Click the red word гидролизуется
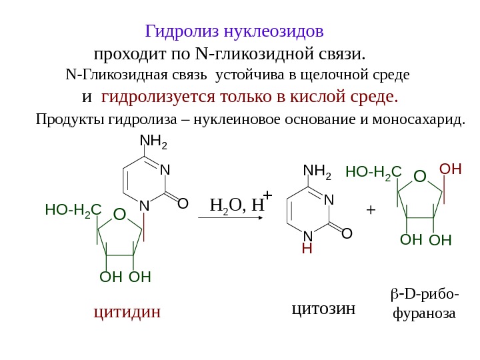157,98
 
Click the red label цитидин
127,311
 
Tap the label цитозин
323,309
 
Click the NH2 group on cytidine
153,142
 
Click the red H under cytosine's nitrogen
307,249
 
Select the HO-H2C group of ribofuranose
373,173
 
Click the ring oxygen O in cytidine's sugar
119,214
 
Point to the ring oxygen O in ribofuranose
419,177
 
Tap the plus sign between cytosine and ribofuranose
371,210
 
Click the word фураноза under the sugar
425,312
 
